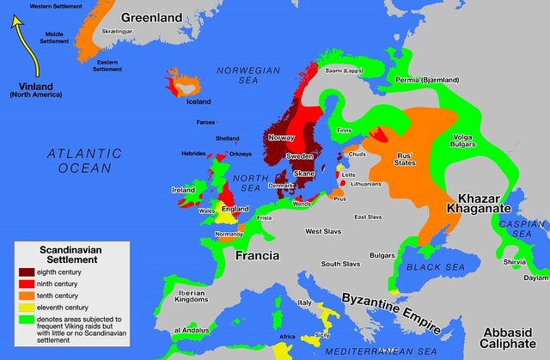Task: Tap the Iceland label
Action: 199,101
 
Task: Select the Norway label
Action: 281,137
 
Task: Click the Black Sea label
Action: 427,267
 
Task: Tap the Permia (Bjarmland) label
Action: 434,80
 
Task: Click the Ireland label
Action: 182,189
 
